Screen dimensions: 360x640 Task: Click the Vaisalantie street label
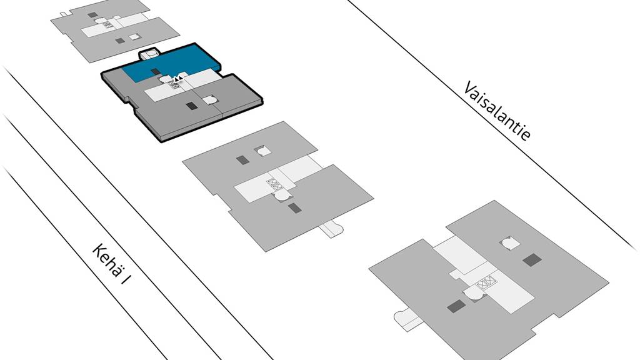point(497,111)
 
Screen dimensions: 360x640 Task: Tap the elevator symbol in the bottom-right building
point(486,282)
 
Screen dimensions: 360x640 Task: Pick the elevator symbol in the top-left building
point(107,24)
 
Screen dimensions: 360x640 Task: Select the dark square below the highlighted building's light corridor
point(192,106)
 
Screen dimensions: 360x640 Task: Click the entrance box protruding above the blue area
point(151,54)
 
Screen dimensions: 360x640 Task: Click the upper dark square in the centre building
point(242,159)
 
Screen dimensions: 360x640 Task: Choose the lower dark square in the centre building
point(294,208)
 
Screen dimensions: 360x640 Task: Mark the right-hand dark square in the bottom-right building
point(532,260)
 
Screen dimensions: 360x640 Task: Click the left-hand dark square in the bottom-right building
point(456,306)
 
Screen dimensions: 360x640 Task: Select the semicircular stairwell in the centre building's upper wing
point(263,151)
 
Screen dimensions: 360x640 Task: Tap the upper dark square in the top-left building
point(92,15)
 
